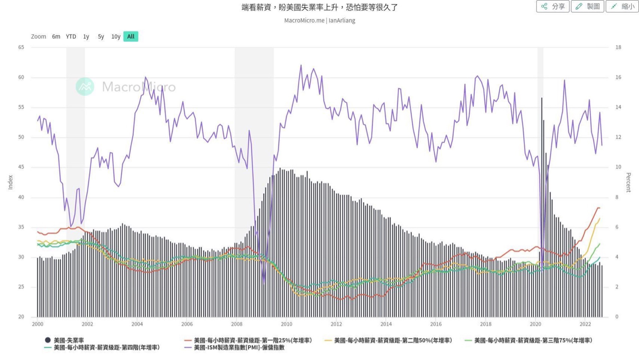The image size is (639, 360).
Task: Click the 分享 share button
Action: click(553, 6)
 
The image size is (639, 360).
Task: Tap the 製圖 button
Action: click(588, 6)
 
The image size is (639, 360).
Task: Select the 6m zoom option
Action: click(56, 36)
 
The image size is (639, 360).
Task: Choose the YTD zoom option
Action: click(71, 36)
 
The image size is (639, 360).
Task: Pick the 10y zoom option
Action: click(116, 36)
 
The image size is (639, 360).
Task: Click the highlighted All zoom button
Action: click(131, 36)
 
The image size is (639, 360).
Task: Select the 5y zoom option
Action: click(101, 36)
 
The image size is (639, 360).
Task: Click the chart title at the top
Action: click(319, 7)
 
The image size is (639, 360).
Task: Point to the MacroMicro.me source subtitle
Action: click(319, 20)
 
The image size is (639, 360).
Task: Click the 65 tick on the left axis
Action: click(21, 47)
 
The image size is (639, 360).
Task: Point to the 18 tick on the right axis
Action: click(618, 47)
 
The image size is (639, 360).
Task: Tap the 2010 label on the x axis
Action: click(287, 324)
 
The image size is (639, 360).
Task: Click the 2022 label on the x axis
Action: click(586, 324)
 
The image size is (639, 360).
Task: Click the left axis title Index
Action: click(10, 182)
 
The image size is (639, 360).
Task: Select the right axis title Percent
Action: click(629, 182)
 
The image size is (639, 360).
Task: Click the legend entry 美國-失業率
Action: click(68, 341)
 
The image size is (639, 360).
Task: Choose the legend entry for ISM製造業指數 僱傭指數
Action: click(239, 348)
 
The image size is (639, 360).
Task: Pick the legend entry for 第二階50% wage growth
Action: click(392, 341)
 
